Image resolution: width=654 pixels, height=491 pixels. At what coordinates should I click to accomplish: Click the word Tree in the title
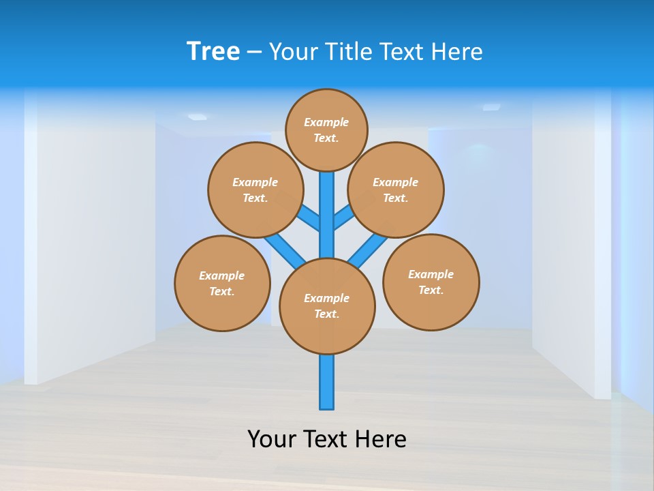click(x=213, y=51)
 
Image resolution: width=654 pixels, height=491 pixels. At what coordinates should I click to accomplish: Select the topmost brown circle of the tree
click(x=326, y=130)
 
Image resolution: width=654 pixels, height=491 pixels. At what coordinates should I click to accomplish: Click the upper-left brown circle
click(x=255, y=190)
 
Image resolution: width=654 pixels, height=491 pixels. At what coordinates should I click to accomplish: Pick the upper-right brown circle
click(x=396, y=190)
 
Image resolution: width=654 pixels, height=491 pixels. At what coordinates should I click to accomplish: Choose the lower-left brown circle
click(x=222, y=283)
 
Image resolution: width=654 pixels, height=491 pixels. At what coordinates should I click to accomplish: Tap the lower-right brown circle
click(x=431, y=282)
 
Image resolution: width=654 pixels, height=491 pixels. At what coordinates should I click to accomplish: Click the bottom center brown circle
click(x=327, y=306)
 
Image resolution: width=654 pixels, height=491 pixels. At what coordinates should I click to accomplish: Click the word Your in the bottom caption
click(x=272, y=438)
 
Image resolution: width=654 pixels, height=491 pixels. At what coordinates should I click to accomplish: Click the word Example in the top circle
click(x=326, y=122)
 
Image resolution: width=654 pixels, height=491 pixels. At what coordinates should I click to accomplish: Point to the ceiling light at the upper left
click(x=197, y=117)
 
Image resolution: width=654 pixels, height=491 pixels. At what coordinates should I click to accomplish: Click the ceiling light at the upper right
click(x=491, y=107)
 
